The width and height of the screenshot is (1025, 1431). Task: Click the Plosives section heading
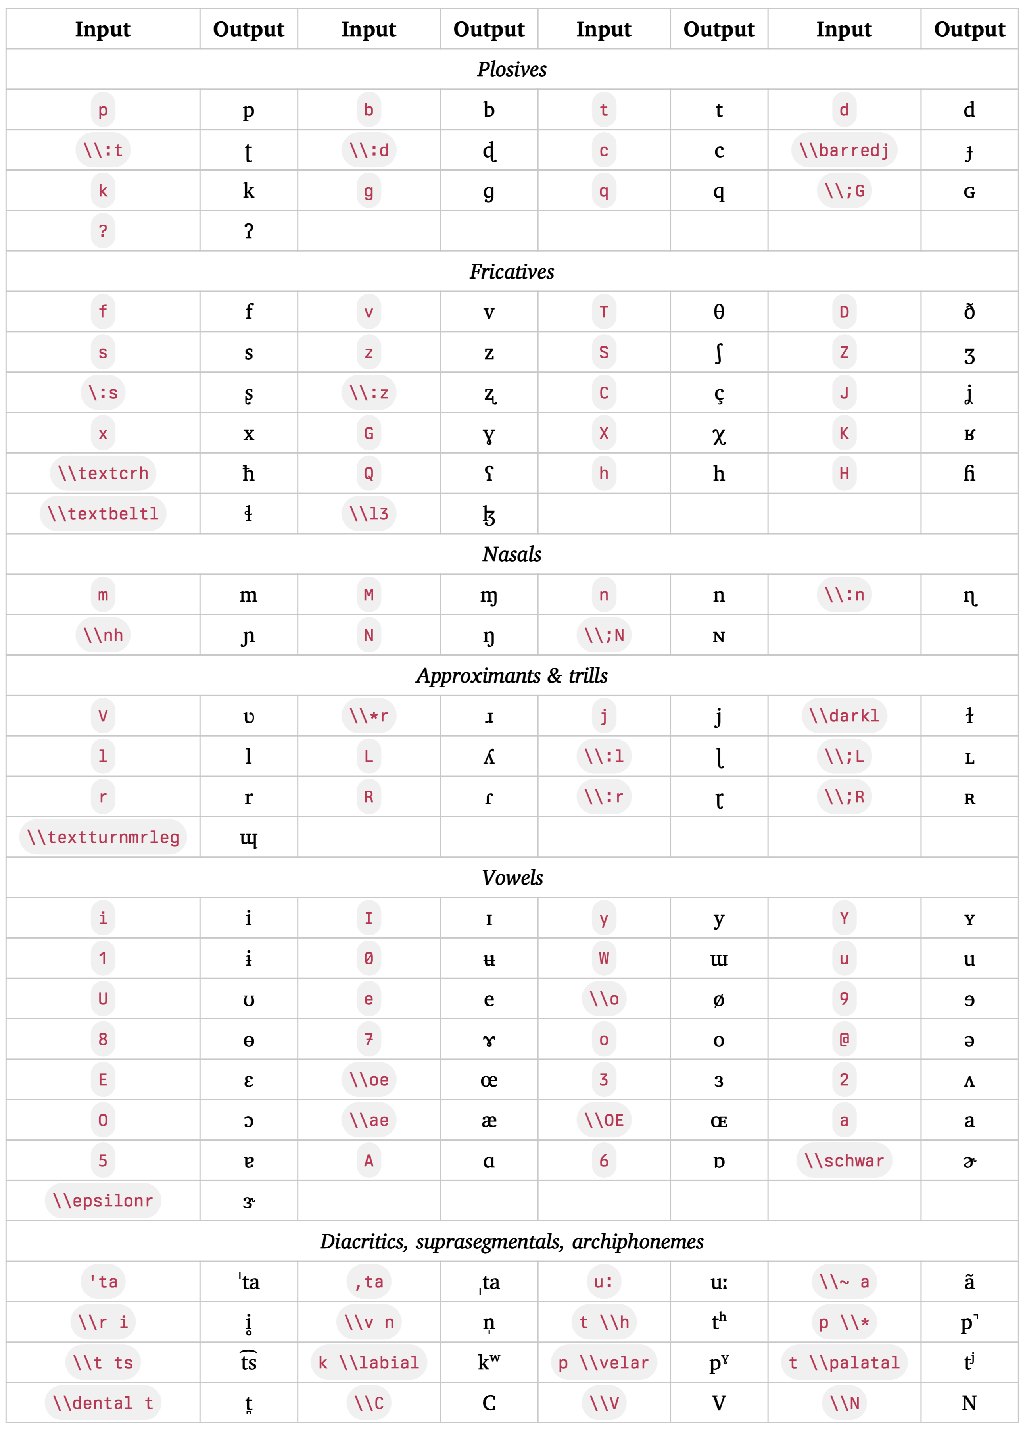512,69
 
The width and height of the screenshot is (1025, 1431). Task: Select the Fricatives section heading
512,271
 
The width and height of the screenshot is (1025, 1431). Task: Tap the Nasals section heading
512,554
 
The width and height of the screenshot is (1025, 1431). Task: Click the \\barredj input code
844,150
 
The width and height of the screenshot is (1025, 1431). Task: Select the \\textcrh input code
103,473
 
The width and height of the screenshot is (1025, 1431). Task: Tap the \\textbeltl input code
103,514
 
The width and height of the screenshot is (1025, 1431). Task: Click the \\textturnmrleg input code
103,837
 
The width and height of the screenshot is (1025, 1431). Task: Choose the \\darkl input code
844,715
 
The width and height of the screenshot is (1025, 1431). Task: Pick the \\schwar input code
844,1160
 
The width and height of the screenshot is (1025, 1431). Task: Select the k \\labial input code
369,1362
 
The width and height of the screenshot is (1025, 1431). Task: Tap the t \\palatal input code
844,1362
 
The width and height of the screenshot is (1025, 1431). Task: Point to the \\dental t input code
103,1402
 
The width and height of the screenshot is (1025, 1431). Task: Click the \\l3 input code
369,514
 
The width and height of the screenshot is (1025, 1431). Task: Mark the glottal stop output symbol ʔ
249,231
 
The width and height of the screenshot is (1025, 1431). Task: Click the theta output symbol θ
718,312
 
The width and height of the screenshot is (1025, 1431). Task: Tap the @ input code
844,1039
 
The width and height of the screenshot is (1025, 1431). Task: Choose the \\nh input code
103,635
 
